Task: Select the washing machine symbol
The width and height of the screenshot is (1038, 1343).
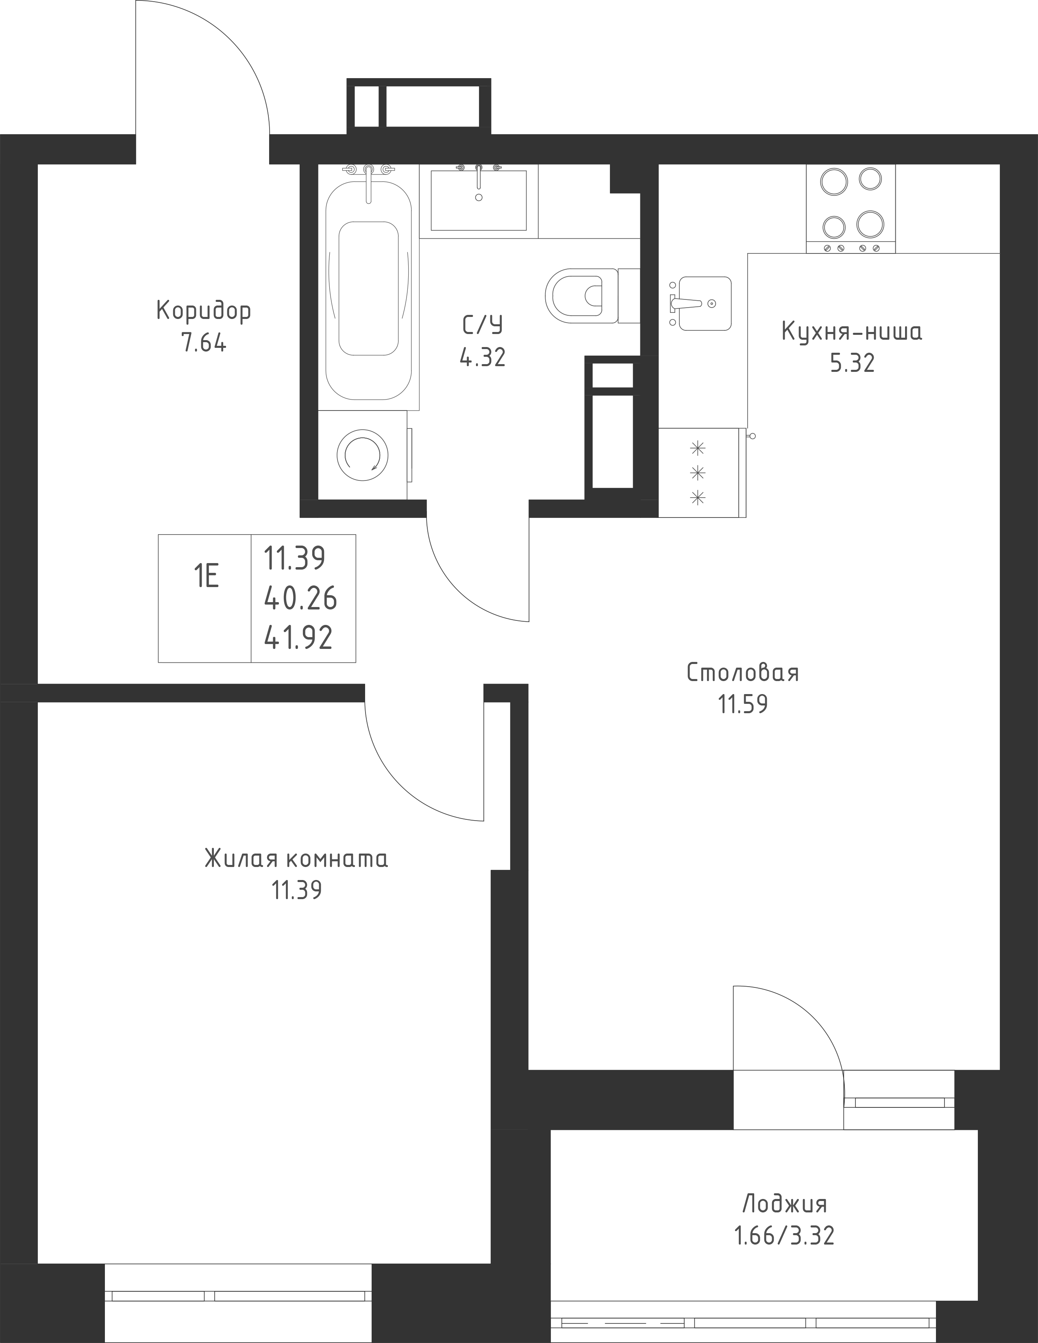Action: pos(363,454)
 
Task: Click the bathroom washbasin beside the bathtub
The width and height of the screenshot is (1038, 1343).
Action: pos(479,200)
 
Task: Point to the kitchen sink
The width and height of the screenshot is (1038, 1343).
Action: pos(701,303)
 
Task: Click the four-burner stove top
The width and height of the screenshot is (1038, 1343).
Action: pos(851,209)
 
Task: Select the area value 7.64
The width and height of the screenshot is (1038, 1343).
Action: pos(204,343)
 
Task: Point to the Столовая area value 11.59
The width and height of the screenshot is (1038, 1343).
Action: pos(743,704)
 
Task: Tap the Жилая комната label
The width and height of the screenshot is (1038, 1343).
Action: pos(296,858)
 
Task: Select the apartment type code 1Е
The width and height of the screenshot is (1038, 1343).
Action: pos(207,577)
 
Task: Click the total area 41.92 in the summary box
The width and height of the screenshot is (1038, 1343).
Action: pos(299,638)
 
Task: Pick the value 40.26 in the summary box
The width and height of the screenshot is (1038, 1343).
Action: pos(300,598)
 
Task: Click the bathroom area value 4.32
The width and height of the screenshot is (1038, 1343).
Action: pos(483,357)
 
